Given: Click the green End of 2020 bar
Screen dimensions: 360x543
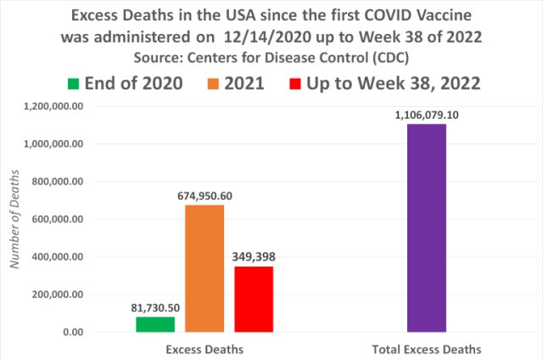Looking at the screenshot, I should (x=154, y=323).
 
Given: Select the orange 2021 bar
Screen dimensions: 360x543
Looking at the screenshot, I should (x=204, y=268).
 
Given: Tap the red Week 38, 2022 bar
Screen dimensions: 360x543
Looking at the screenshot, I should (x=254, y=299).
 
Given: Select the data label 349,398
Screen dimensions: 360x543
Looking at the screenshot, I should (x=255, y=255).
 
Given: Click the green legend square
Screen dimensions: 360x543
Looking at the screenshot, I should (x=74, y=83).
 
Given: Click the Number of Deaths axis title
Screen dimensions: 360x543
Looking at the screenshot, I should (x=14, y=219).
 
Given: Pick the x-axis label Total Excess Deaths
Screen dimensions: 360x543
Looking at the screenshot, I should (x=428, y=349).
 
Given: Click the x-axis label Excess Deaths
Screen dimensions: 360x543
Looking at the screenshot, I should (x=204, y=349).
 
